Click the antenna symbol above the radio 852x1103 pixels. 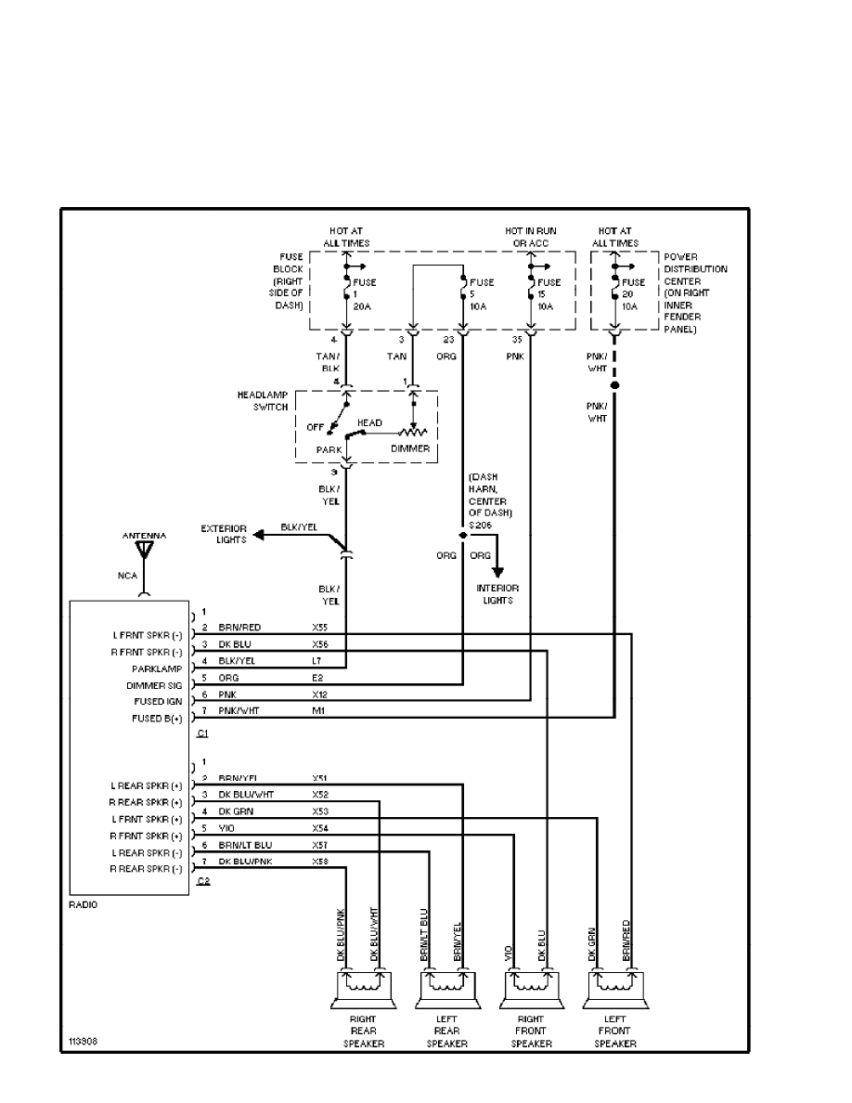143,551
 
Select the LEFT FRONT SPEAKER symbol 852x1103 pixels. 614,990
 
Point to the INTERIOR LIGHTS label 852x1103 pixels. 498,594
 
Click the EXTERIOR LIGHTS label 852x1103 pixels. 224,534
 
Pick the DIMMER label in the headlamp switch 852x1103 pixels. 410,448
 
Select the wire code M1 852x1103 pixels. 317,710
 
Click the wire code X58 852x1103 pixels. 320,863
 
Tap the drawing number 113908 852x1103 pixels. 82,1041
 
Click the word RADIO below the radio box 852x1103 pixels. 84,904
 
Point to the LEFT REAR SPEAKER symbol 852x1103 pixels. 447,990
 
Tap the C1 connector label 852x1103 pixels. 203,733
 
